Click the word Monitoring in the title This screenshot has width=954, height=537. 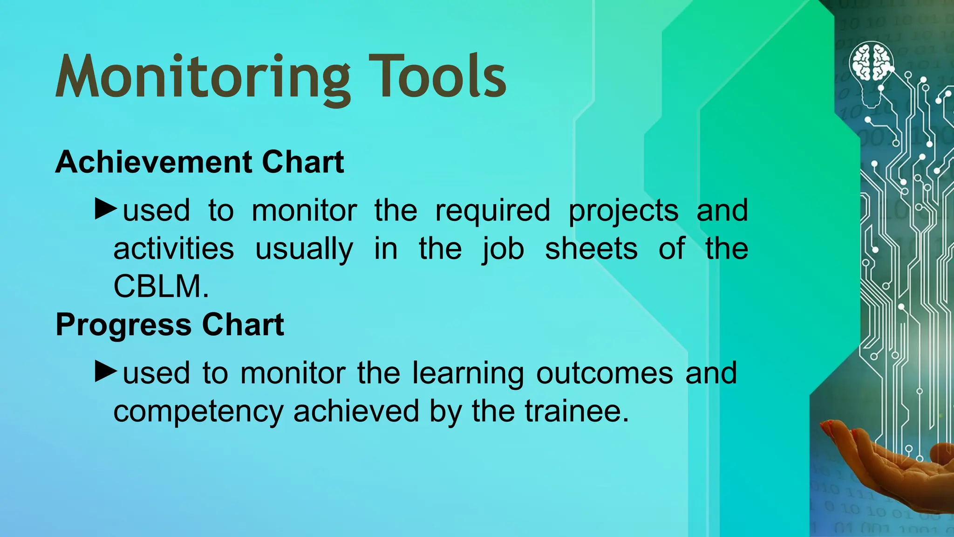203,77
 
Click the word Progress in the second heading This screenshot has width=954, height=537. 123,324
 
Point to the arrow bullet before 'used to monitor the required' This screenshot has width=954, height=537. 105,208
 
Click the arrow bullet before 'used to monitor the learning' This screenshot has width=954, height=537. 105,371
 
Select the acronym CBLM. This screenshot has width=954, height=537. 161,286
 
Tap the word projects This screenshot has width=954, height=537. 623,211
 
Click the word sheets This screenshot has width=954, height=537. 591,248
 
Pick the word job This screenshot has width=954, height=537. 503,249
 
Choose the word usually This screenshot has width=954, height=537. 304,249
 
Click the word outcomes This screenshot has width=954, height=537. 604,373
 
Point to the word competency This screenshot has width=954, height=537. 198,412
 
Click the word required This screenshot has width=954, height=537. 492,211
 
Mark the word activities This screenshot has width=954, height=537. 173,248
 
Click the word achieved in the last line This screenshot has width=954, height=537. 356,411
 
